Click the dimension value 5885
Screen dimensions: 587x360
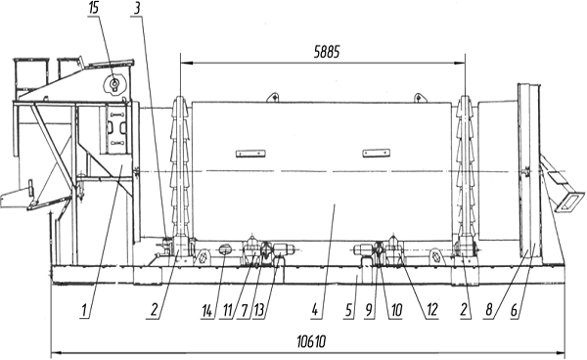click(327, 52)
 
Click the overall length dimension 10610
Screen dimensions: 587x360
click(311, 341)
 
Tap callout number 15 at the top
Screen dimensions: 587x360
click(94, 8)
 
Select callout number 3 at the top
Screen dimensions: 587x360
click(137, 8)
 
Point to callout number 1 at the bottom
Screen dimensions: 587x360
click(84, 310)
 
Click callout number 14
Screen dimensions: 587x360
click(206, 310)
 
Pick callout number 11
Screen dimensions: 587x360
click(227, 310)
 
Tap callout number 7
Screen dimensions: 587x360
click(245, 310)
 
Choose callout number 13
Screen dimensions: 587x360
click(259, 310)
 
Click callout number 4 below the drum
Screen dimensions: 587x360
click(315, 310)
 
